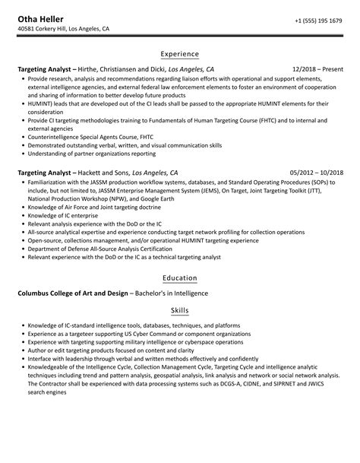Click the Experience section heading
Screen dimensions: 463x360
coord(180,55)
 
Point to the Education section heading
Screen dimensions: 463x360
coord(180,278)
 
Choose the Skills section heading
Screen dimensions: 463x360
coord(180,311)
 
